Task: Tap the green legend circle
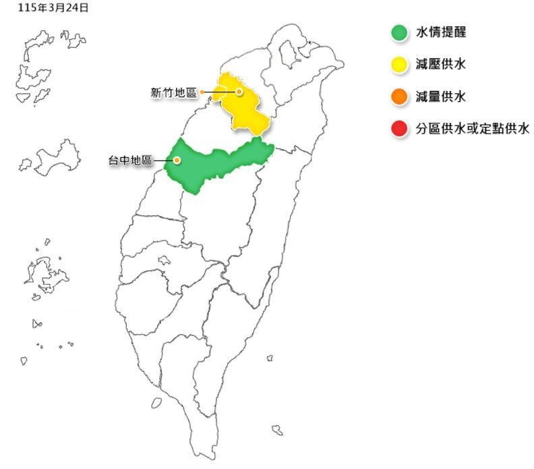point(399,32)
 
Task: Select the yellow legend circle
point(399,65)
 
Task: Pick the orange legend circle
point(399,97)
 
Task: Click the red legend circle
point(399,129)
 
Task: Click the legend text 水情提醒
point(441,32)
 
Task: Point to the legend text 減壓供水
point(441,65)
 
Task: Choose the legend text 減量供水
point(441,97)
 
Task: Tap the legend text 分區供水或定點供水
point(473,129)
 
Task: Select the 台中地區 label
point(131,161)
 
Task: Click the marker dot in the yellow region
point(239,91)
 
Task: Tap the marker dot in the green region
point(177,161)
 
